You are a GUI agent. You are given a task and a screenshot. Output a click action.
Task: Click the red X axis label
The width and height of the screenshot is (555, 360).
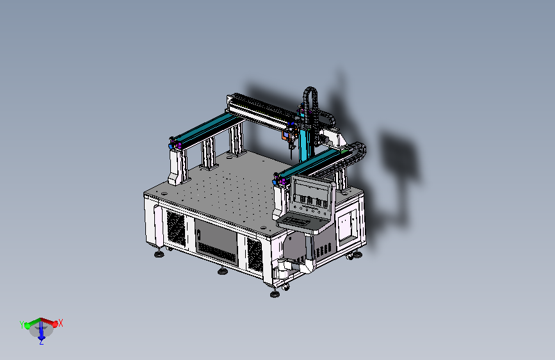(x=61, y=323)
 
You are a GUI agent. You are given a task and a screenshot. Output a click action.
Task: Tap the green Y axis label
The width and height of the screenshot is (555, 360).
(x=22, y=325)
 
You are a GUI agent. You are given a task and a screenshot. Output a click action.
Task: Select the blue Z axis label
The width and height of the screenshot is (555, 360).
(x=42, y=342)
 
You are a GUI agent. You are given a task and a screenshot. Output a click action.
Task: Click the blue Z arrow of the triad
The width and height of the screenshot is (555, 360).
(x=42, y=332)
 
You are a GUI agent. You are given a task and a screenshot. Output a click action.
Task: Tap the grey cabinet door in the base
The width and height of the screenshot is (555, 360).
(x=215, y=241)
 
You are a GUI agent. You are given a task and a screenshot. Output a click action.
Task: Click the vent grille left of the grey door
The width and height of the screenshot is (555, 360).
(x=176, y=227)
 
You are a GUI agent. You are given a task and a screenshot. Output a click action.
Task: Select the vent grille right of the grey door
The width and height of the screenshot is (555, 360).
(x=255, y=254)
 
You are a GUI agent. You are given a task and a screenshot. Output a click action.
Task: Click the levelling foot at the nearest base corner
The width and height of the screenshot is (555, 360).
(x=275, y=294)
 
